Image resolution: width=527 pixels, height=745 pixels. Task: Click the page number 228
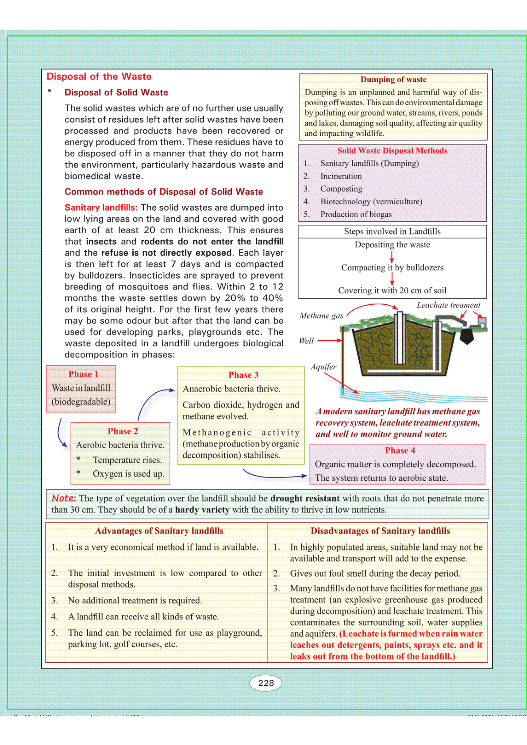coord(266,683)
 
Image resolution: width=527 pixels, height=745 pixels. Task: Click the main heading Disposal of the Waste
coord(99,77)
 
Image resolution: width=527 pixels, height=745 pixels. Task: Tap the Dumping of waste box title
coord(393,80)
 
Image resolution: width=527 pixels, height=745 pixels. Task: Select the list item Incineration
coord(341,176)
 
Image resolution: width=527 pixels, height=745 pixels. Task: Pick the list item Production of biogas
coord(356,214)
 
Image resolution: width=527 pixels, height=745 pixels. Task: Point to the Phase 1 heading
coord(83,374)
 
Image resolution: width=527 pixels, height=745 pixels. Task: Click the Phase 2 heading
coord(123,431)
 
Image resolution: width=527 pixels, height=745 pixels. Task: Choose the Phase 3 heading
coord(243,375)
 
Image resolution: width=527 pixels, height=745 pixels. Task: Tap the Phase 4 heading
coord(400,450)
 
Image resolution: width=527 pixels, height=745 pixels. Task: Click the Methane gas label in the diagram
coord(321,315)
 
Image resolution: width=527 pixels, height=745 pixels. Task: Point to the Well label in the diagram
coord(306,341)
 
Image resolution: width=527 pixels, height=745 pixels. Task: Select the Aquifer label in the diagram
coord(323,367)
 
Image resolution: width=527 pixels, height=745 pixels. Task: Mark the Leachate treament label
coord(448,305)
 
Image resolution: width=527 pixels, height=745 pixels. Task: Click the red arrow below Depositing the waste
coord(392,257)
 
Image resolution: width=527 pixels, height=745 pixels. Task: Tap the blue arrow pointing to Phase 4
coord(274,476)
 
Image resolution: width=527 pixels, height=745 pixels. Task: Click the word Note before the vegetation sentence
coord(64,498)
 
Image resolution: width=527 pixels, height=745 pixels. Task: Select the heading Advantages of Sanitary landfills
coord(159,531)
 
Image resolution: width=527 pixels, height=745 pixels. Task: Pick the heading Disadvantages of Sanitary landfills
coord(380,531)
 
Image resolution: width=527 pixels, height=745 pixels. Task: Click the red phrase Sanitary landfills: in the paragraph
coord(101,207)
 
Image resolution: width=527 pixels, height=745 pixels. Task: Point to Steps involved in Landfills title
coord(392,231)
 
